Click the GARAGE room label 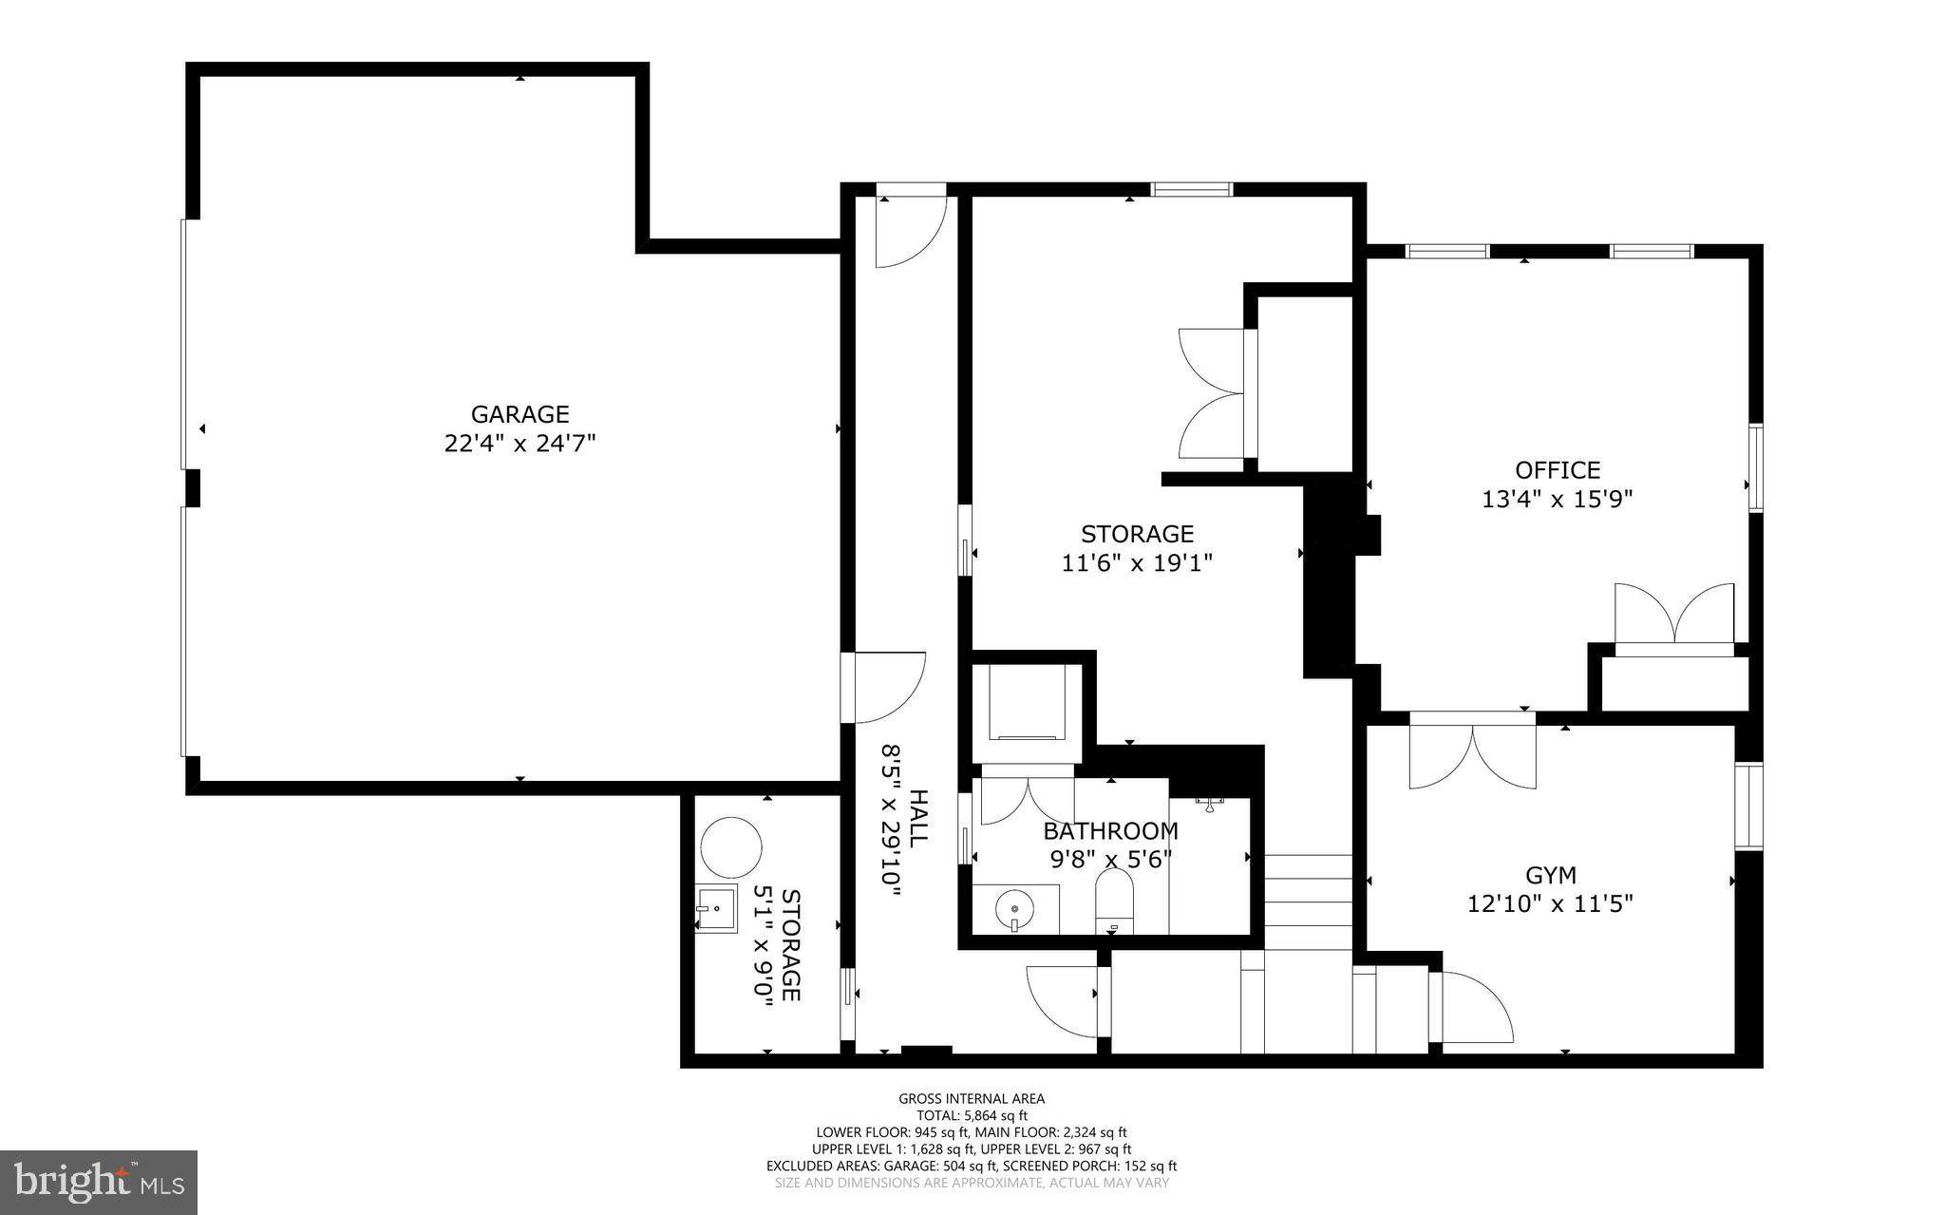[x=519, y=414]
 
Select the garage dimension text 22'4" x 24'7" [x=519, y=444]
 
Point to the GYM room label [x=1551, y=875]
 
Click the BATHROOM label [x=1110, y=831]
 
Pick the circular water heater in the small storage [x=730, y=847]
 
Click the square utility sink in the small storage [x=715, y=909]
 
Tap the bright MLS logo [x=99, y=1183]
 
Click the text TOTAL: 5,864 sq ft [x=972, y=1116]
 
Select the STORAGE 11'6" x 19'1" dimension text [x=1137, y=563]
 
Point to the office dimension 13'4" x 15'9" [x=1558, y=500]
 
